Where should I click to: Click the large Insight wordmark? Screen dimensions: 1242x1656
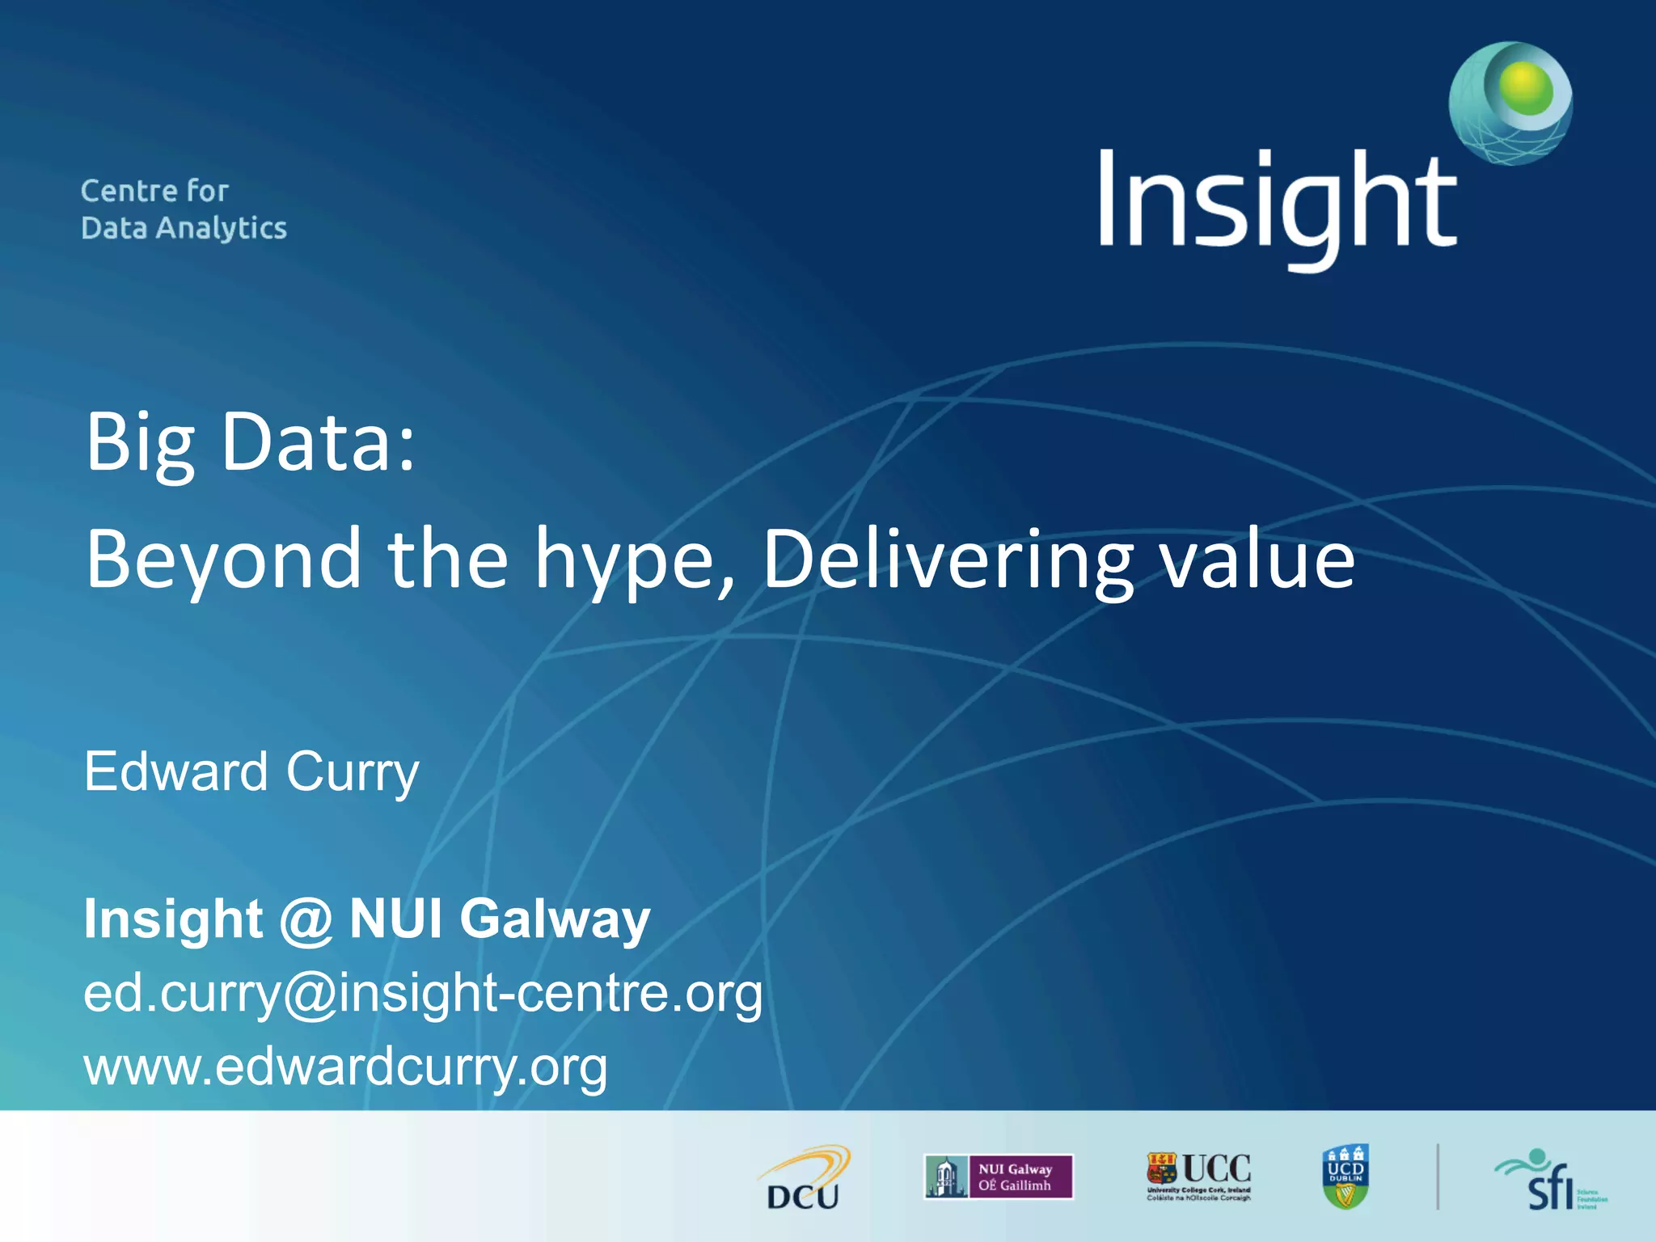(x=1278, y=202)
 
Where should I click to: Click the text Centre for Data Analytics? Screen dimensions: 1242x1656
(x=184, y=209)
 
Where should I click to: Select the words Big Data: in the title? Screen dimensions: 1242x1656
(x=251, y=442)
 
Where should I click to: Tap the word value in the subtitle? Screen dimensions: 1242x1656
(x=1257, y=559)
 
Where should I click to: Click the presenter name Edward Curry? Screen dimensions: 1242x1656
(x=251, y=772)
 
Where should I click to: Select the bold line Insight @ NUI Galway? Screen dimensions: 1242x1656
(x=367, y=919)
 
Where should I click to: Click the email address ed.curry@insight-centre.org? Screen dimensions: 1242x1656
(x=423, y=993)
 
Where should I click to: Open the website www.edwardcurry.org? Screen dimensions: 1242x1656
(x=345, y=1067)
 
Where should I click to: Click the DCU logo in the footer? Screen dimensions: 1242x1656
(x=804, y=1178)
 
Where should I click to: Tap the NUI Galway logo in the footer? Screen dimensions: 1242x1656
(x=999, y=1177)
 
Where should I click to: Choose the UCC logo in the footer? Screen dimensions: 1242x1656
(x=1198, y=1177)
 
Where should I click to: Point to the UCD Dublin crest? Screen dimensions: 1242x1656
(x=1345, y=1177)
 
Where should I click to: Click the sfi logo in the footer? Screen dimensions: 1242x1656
(x=1548, y=1181)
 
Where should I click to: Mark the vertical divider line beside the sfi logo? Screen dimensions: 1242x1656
(x=1438, y=1177)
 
